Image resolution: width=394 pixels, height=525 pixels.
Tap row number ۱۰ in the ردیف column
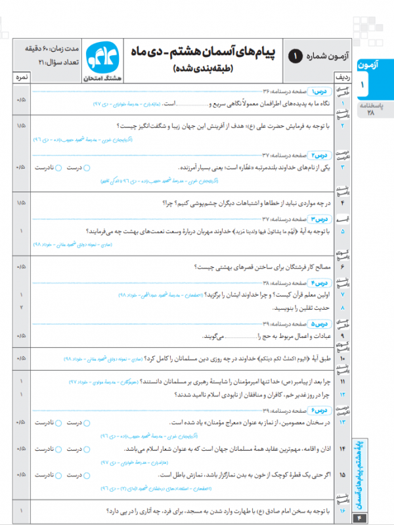[x=342, y=359]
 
